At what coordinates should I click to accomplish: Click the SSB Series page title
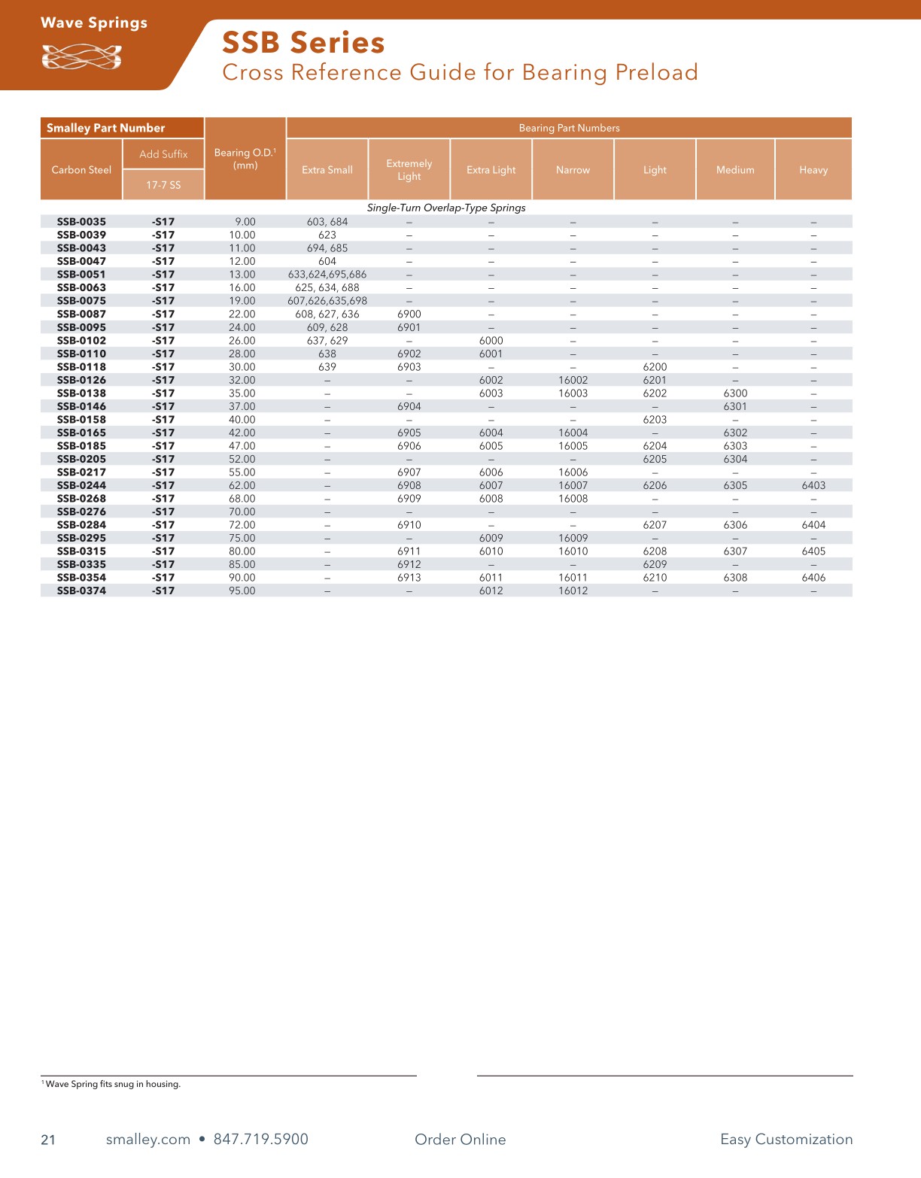(303, 43)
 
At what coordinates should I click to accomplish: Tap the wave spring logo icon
(81, 57)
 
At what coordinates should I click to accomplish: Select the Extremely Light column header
(409, 170)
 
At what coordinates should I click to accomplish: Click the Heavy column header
(813, 170)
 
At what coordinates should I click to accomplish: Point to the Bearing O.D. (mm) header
(245, 159)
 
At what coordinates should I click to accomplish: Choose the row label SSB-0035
(81, 222)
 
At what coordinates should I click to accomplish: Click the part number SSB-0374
(81, 591)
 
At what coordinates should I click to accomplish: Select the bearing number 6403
(813, 486)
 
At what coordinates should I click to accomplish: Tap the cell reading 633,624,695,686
(327, 275)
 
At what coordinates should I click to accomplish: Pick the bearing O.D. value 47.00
(242, 446)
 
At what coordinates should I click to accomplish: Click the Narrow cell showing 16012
(573, 591)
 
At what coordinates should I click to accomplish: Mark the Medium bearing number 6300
(735, 393)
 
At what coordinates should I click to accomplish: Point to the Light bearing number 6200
(655, 367)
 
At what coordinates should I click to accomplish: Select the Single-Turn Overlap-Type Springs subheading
(446, 208)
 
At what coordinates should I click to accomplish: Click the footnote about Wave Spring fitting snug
(113, 1084)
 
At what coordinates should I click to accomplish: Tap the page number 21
(48, 1140)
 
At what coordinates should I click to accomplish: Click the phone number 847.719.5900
(261, 1139)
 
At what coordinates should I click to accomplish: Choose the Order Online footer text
(460, 1139)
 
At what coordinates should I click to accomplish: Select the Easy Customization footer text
(786, 1139)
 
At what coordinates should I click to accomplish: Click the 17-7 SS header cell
(163, 185)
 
